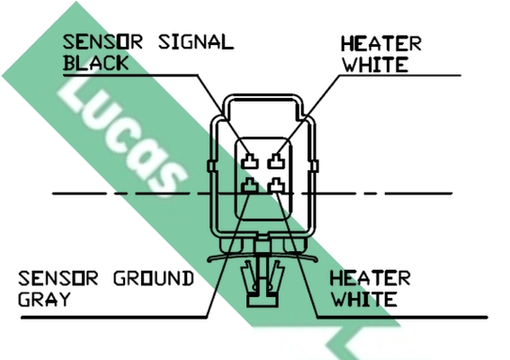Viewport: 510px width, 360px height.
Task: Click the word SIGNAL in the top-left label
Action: (x=196, y=42)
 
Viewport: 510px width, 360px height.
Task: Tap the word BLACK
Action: (x=96, y=63)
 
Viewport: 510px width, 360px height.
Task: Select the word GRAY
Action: (x=44, y=299)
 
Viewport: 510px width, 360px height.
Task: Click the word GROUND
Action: (x=154, y=279)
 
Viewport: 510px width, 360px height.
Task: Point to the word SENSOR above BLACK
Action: (x=103, y=42)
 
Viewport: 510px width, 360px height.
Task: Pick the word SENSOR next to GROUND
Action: (x=58, y=279)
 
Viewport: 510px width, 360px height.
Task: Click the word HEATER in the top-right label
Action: (x=381, y=43)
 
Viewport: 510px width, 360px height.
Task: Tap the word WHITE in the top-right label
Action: (x=375, y=65)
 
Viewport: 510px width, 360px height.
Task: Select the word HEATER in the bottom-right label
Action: (x=371, y=279)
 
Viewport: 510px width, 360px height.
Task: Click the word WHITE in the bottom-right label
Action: (x=364, y=300)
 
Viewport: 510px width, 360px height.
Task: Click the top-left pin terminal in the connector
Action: (x=250, y=161)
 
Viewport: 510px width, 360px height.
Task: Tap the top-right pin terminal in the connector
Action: (x=276, y=161)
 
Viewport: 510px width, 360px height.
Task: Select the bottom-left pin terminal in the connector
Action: (x=250, y=185)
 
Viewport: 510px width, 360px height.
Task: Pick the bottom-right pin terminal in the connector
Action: (x=276, y=185)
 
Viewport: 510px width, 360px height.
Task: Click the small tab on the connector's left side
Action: (x=211, y=166)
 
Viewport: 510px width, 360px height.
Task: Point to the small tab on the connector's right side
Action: (x=315, y=166)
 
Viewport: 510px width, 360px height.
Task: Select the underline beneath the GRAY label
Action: (x=114, y=317)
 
